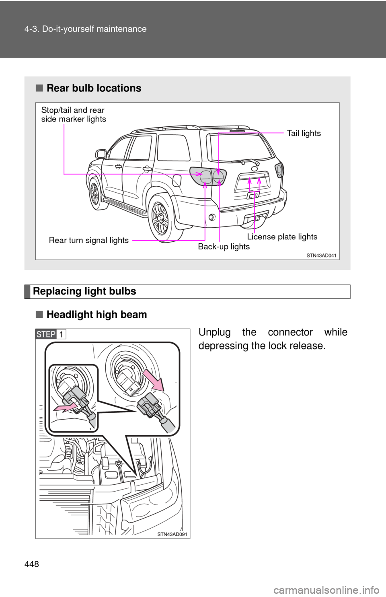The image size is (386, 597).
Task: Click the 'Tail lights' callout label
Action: (304, 133)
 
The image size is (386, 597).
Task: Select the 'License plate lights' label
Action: (282, 237)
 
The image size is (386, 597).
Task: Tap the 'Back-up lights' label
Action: (224, 247)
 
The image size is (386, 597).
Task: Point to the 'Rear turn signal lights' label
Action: (89, 241)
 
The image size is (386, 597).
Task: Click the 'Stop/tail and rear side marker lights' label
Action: (74, 115)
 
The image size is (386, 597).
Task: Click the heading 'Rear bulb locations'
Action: (94, 88)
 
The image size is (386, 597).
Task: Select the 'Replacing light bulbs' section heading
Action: (84, 291)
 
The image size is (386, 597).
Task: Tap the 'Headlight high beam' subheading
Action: (96, 315)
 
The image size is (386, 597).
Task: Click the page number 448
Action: (32, 564)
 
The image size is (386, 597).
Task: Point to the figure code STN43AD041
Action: (321, 255)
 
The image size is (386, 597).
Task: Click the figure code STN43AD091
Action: (172, 534)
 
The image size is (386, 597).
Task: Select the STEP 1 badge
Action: (51, 334)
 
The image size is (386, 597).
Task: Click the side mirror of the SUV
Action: (101, 154)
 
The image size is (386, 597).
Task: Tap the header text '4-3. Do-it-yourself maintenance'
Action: (86, 29)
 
